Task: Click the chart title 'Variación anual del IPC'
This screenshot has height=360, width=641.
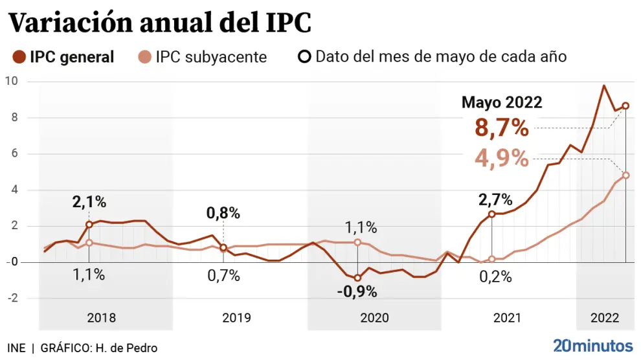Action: (x=159, y=23)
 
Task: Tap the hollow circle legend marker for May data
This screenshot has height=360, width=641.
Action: (x=304, y=56)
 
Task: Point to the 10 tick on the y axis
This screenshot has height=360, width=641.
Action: (x=11, y=81)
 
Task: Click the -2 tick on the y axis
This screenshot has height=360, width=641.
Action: (x=11, y=298)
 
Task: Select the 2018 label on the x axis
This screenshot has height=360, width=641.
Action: (x=101, y=318)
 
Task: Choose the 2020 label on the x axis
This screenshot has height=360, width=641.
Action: (x=374, y=318)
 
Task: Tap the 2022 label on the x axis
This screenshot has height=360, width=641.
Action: (x=603, y=318)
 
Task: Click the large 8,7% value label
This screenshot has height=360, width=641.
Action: (x=502, y=128)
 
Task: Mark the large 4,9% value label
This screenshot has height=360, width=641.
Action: (x=502, y=157)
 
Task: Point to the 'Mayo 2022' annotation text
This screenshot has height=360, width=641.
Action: (x=502, y=102)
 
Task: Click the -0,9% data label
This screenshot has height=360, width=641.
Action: (x=357, y=291)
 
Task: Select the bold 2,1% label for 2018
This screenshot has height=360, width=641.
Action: (x=89, y=202)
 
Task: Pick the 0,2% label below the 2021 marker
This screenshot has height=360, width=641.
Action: (x=495, y=276)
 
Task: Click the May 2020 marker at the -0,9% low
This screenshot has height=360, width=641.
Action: (x=357, y=278)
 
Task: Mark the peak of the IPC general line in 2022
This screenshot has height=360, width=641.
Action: (x=603, y=85)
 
